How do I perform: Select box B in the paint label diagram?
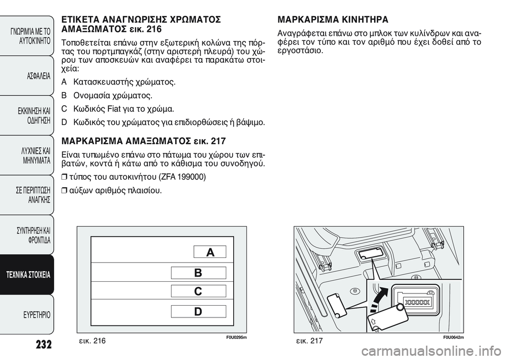click(199, 273)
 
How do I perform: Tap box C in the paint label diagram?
click(199, 291)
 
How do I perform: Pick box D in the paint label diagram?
click(199, 312)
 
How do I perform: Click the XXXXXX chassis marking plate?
click(417, 302)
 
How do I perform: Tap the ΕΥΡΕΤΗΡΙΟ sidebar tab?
click(31, 315)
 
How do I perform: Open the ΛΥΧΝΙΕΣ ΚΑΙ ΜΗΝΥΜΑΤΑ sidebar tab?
click(31, 155)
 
